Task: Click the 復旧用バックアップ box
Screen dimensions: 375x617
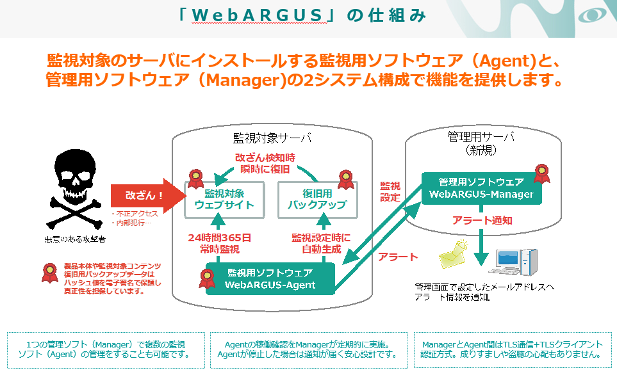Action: tap(316, 199)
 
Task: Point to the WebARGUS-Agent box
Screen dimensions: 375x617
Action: tap(270, 279)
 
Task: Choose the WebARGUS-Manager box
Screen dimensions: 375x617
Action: tap(481, 188)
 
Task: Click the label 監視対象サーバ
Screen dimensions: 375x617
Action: tap(272, 138)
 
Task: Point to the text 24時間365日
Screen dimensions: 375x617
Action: tap(219, 238)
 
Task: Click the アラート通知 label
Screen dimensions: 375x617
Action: tap(482, 220)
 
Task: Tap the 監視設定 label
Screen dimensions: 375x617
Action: tap(390, 191)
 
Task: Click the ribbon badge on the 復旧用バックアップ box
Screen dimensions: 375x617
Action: tap(346, 180)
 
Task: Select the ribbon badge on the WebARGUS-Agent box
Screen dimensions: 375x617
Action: tap(207, 278)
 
